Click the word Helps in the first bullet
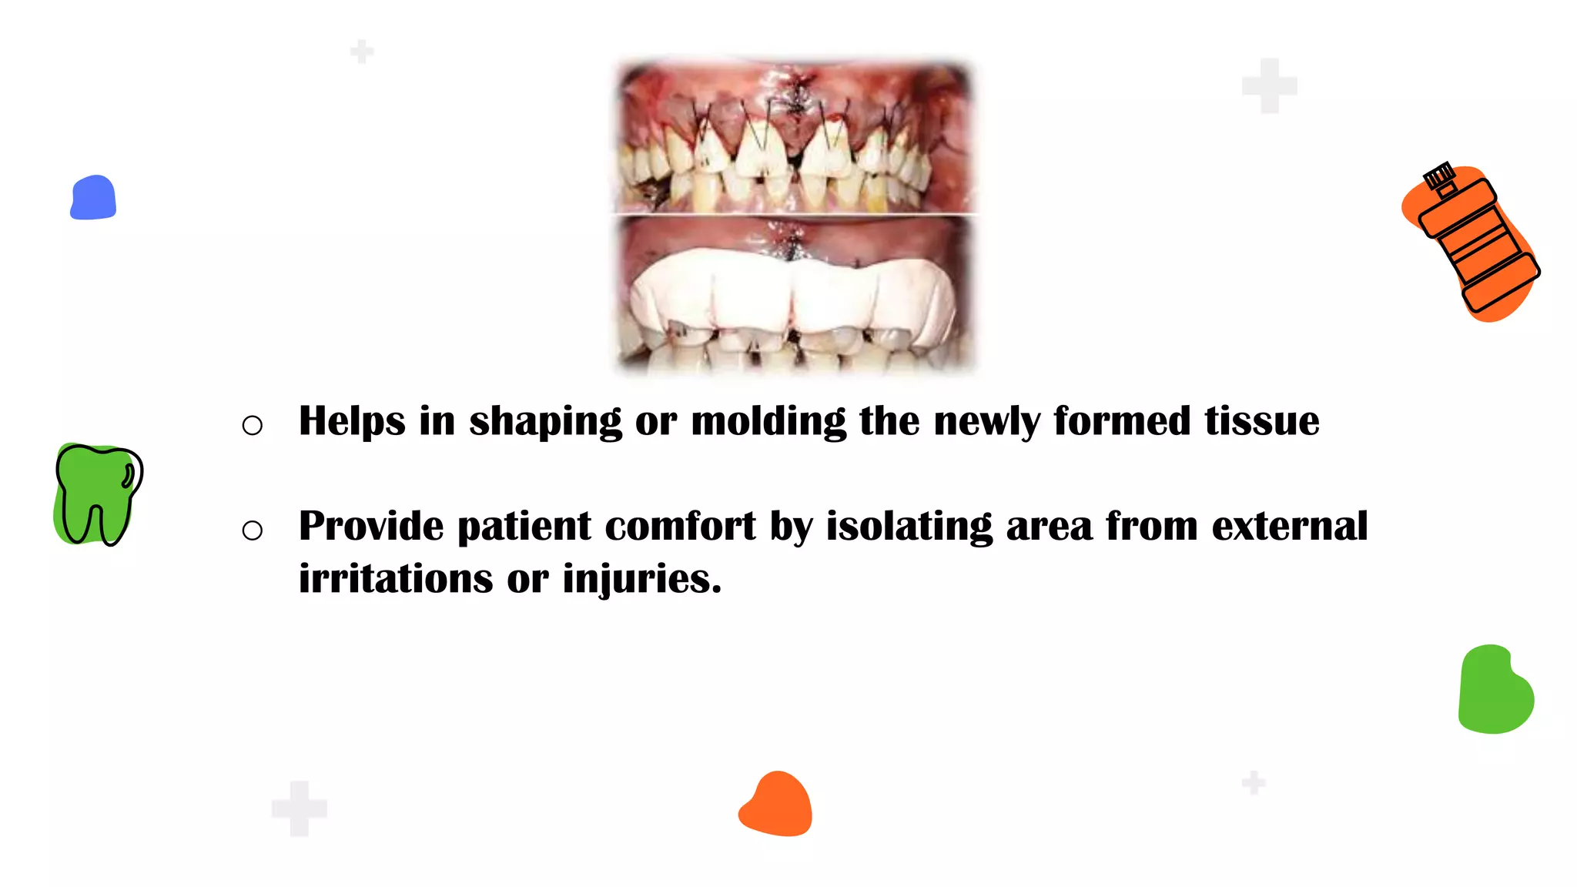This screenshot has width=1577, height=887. (x=352, y=421)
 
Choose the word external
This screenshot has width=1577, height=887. (x=1290, y=527)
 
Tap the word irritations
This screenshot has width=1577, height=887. (x=395, y=579)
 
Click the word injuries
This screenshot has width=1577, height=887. (x=642, y=579)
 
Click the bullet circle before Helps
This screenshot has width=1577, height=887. (x=252, y=425)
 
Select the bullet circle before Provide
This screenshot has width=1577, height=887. (x=252, y=531)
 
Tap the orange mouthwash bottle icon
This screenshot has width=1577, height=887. (x=1475, y=246)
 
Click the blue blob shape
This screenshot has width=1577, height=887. (x=93, y=198)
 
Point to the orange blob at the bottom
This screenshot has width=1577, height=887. (x=776, y=805)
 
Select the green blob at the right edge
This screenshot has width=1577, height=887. (x=1495, y=690)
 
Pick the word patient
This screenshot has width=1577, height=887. (x=524, y=527)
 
